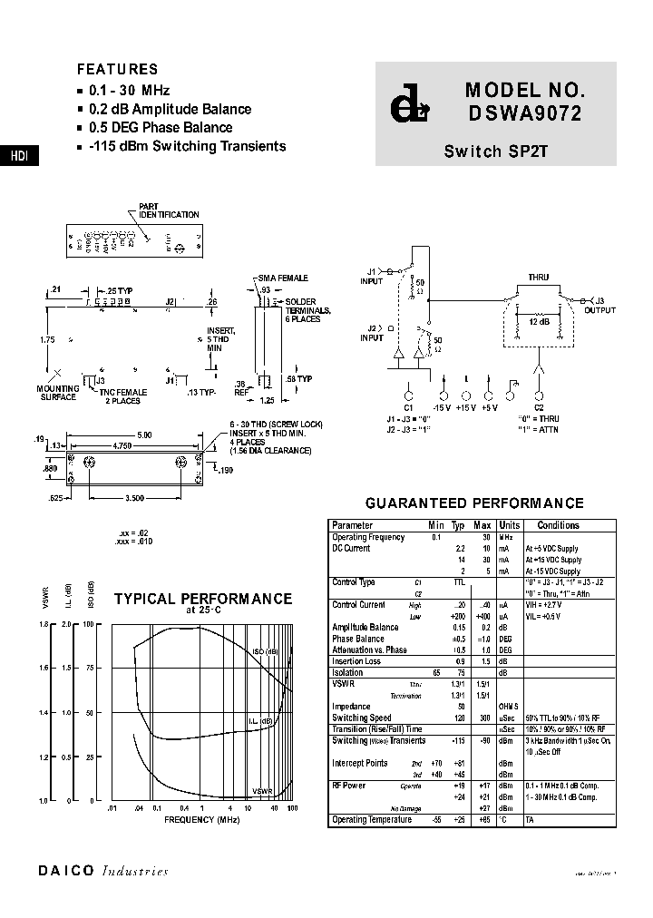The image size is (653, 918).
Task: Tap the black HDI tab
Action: coord(19,156)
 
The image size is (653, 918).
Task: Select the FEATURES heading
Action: coord(117,70)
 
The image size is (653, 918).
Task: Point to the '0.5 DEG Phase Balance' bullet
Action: coord(161,128)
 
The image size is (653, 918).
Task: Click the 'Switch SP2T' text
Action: coord(495,151)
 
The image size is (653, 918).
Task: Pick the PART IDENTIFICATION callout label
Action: coord(168,210)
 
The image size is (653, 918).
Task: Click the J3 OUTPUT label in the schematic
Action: coord(599,306)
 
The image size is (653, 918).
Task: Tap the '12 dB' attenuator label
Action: coord(539,322)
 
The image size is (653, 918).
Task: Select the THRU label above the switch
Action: coord(539,278)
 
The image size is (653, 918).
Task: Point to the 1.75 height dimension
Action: coord(47,339)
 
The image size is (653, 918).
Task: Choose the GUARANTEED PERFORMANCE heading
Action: coord(473,503)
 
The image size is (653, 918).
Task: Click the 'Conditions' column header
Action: coord(558,525)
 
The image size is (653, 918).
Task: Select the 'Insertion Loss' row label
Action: coord(356,661)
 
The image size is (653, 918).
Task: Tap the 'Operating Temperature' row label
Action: coord(372,820)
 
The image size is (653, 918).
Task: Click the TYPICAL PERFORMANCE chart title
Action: coord(202,600)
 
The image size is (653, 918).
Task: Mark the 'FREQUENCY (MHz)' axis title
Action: coord(202,819)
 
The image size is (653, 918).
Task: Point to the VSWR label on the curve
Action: coord(262,790)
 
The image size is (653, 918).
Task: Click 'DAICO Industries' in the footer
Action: coord(103,872)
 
